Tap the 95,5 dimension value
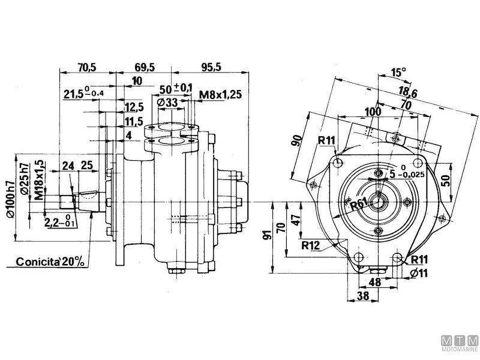[x=211, y=67]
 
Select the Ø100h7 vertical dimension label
[x=10, y=193]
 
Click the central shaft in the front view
[x=378, y=202]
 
